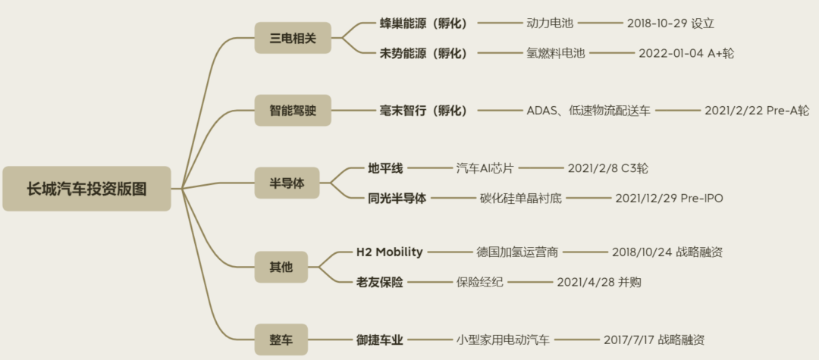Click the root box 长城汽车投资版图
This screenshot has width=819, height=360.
coord(86,189)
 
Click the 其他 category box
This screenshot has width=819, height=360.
coord(281,267)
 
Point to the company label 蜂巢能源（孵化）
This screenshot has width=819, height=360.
coord(424,23)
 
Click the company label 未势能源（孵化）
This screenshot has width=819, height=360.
coord(424,53)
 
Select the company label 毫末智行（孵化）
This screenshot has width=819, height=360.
coord(424,111)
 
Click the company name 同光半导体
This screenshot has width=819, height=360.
coord(392,199)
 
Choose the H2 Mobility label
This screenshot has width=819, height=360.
coord(390,252)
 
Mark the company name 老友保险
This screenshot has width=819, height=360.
coord(380,282)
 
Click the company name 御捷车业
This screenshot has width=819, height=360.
coord(380,340)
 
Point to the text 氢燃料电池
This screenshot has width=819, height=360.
coord(557,53)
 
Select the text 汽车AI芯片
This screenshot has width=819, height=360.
coord(485,168)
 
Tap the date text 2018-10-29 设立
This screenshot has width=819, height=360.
coord(670,23)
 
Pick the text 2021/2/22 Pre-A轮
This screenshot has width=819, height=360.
coord(757,111)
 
